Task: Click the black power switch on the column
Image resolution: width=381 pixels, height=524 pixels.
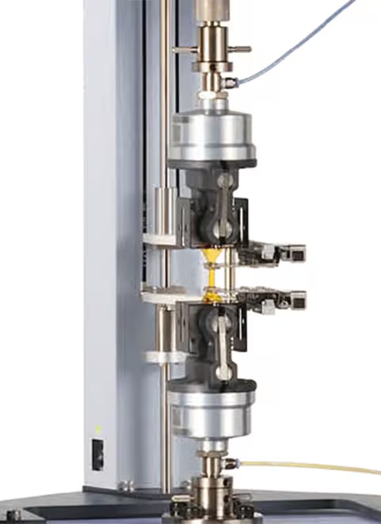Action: coord(98,454)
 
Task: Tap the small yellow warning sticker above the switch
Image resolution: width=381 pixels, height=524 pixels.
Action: coord(98,429)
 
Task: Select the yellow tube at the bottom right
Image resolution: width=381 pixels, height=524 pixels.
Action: coord(317,466)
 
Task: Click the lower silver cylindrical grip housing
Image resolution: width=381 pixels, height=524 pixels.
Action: coord(212,412)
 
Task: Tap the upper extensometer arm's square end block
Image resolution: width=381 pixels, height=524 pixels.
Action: coord(295,253)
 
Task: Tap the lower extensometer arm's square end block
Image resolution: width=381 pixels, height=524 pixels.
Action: coord(295,299)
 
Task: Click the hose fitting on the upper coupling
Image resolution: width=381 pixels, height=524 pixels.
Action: coord(230,82)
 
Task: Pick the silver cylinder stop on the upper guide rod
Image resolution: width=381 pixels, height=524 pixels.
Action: coord(164,207)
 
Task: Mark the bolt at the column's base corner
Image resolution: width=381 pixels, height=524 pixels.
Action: coord(123,485)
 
